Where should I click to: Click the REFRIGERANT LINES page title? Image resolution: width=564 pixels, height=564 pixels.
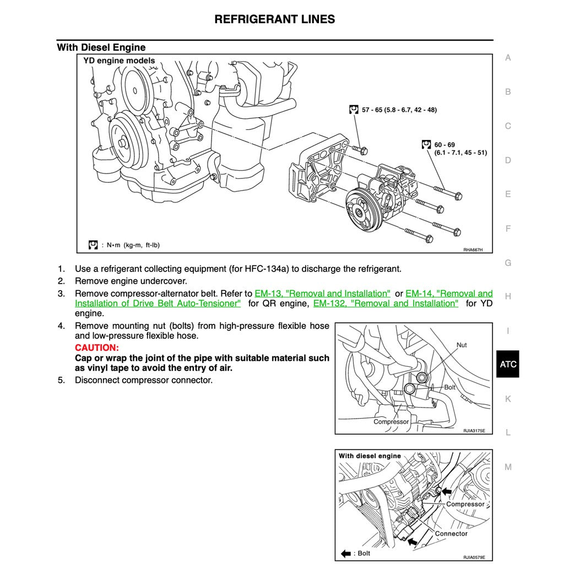(x=274, y=19)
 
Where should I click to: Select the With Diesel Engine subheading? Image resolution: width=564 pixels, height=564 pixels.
(x=101, y=47)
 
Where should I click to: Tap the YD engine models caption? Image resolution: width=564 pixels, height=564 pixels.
(x=119, y=61)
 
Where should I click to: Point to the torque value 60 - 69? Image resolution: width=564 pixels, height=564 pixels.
(x=444, y=145)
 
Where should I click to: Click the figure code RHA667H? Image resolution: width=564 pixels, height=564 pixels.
(x=473, y=250)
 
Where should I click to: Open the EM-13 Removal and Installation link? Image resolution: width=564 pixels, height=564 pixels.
(x=322, y=294)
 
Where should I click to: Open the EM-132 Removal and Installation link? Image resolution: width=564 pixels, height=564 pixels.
(x=386, y=303)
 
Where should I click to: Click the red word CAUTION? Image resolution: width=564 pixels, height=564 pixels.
(x=97, y=348)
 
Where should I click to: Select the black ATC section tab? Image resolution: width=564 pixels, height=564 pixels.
(x=508, y=364)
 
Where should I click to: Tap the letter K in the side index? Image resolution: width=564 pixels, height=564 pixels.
(x=508, y=399)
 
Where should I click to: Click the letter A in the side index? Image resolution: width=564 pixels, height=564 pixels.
(x=508, y=58)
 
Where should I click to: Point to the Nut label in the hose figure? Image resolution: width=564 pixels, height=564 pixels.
(x=462, y=345)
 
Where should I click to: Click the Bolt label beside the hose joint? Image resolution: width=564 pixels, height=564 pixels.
(x=450, y=387)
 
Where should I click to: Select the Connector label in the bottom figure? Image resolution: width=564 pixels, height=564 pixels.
(x=451, y=533)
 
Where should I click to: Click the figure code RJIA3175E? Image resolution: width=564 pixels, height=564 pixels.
(x=474, y=431)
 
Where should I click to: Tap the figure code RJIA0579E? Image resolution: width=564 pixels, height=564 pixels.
(x=474, y=557)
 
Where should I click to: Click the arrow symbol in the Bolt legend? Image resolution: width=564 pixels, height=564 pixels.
(x=346, y=553)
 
